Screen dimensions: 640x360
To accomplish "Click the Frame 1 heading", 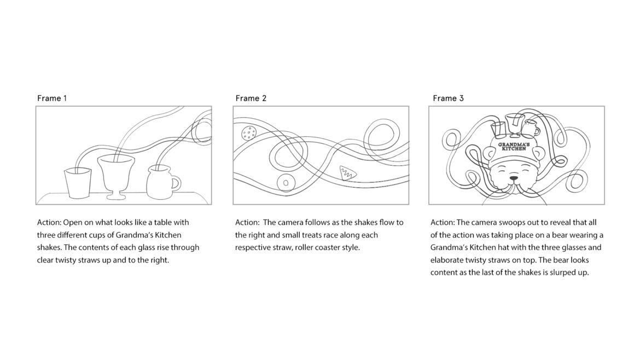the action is pos(52,98).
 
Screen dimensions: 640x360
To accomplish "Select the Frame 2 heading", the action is pos(251,98).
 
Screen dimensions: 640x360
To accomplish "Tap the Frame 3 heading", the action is pos(448,98).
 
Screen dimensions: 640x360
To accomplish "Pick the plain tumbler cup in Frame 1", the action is pos(78,183).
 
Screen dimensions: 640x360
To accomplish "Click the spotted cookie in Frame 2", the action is pos(248,133).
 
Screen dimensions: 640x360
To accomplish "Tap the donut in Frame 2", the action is pos(286,183).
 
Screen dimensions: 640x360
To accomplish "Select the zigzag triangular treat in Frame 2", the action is pos(347,173).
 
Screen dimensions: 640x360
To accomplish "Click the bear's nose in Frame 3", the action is pos(514,178).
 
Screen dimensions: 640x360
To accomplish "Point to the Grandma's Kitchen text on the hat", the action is pos(514,147).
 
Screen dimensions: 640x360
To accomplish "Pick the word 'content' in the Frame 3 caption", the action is pos(444,272).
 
